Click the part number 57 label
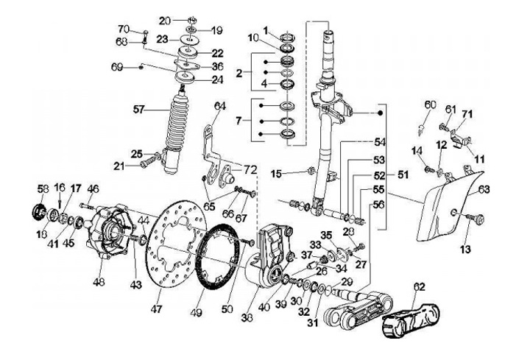[x=139, y=109]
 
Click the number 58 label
[x=43, y=188]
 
